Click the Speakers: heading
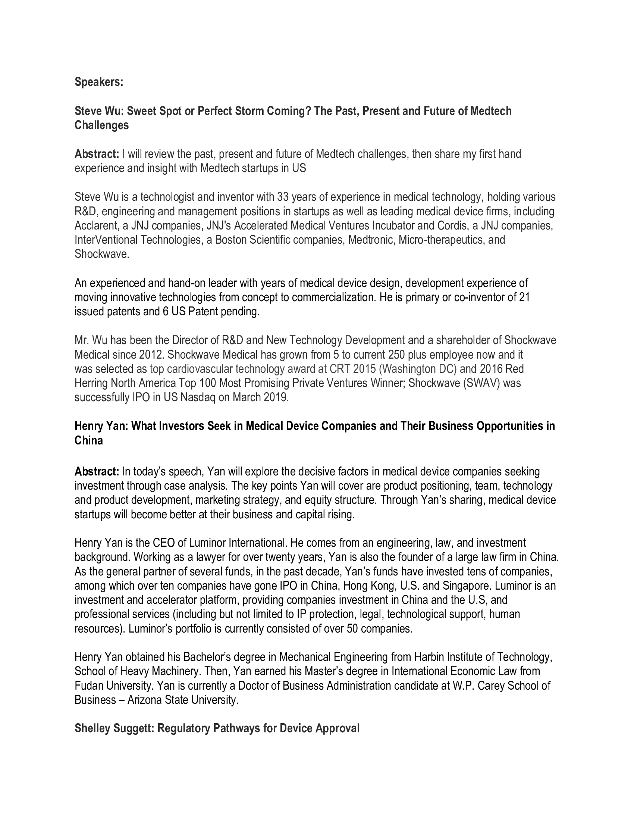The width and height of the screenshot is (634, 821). point(99,82)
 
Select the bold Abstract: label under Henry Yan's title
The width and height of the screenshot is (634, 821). point(97,471)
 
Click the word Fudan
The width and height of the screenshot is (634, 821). point(89,686)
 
